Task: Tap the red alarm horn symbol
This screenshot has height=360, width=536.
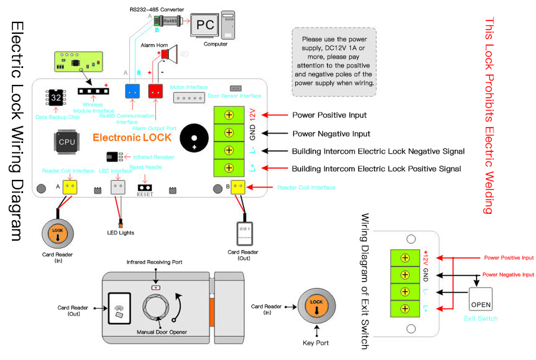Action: coord(168,54)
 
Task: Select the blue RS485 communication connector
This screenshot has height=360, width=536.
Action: coord(133,91)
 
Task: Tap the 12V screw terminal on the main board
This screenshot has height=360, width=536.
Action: coord(230,115)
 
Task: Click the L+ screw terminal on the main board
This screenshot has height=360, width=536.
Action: coord(230,168)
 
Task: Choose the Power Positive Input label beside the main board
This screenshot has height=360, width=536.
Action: coord(330,115)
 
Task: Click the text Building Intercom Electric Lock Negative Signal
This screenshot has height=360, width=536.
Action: coord(378,151)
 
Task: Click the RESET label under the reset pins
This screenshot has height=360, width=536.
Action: coord(144,194)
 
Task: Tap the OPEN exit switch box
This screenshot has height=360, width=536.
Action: coord(480,300)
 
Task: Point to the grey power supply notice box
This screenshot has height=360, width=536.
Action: coord(334,61)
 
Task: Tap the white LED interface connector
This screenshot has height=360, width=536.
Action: coord(118,187)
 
